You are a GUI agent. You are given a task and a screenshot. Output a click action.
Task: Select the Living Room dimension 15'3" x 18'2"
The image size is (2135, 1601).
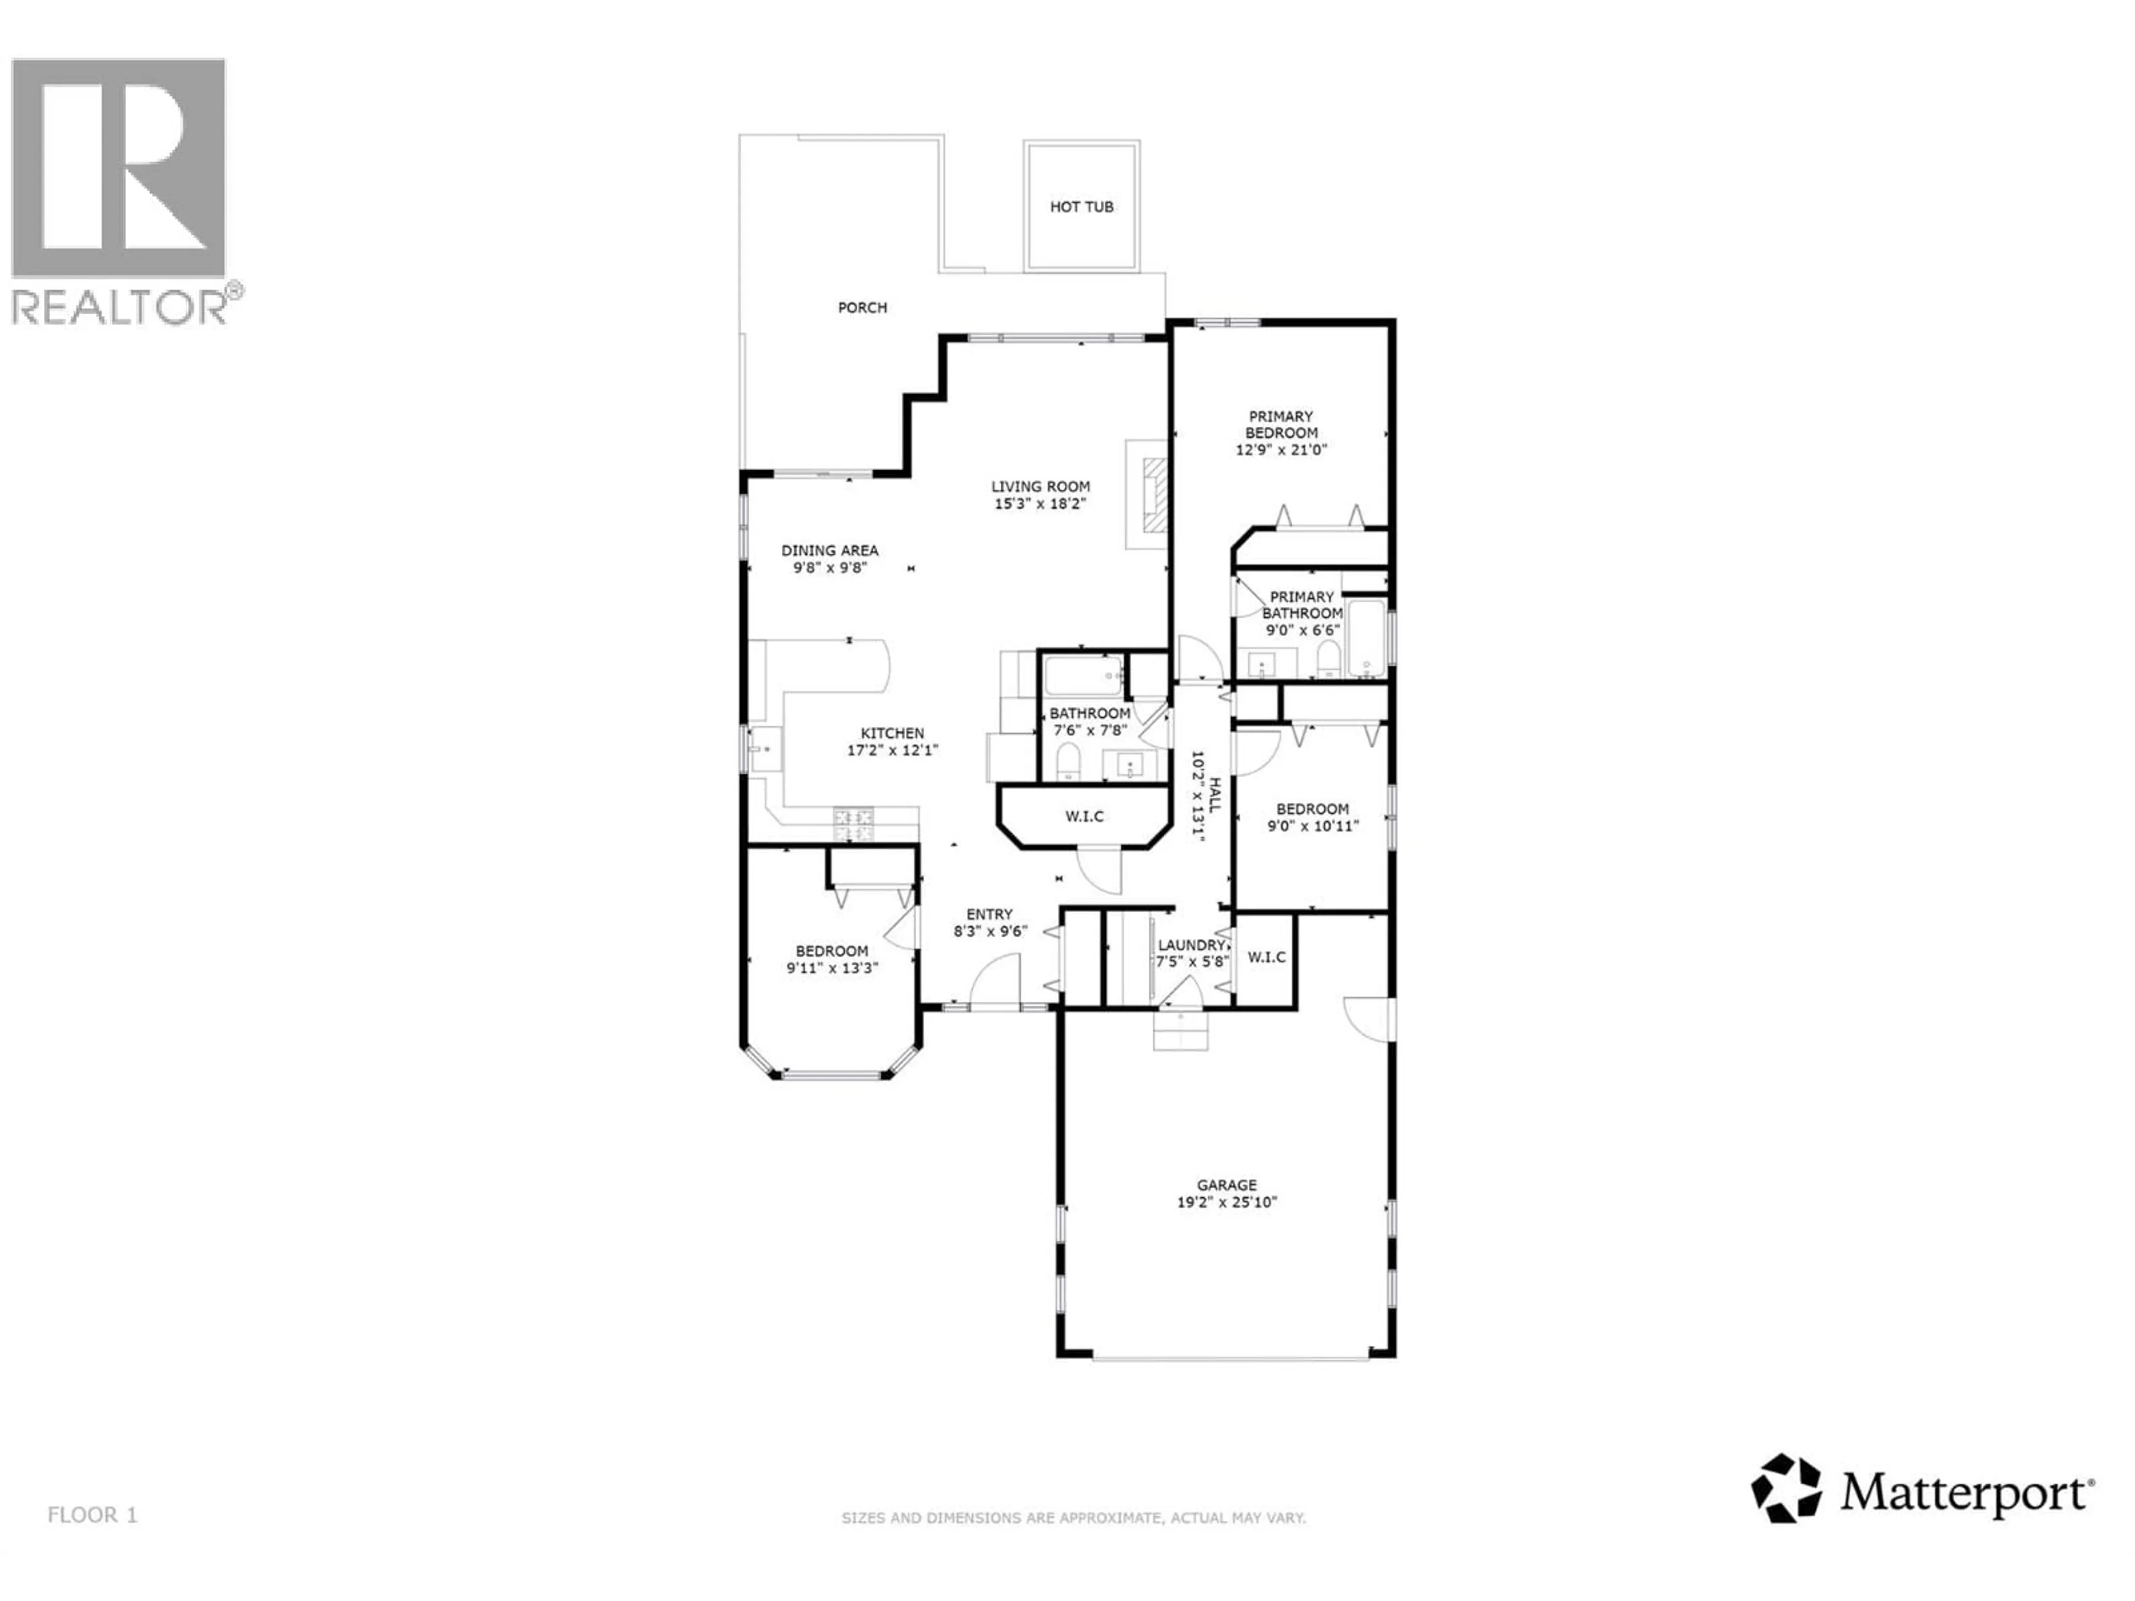click(1040, 504)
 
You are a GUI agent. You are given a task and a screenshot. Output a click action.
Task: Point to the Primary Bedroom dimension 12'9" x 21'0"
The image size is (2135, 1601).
click(1281, 450)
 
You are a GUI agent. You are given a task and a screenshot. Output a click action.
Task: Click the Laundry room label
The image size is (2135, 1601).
click(1191, 945)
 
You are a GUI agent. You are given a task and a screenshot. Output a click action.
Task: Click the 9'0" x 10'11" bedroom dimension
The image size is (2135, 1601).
click(1312, 826)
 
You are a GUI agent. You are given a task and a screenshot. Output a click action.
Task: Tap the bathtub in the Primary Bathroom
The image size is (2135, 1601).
click(1366, 638)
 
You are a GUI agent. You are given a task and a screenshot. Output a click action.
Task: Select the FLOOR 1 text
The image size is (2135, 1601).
click(93, 1515)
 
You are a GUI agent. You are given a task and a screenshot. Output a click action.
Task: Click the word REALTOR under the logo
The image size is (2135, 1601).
click(118, 307)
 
